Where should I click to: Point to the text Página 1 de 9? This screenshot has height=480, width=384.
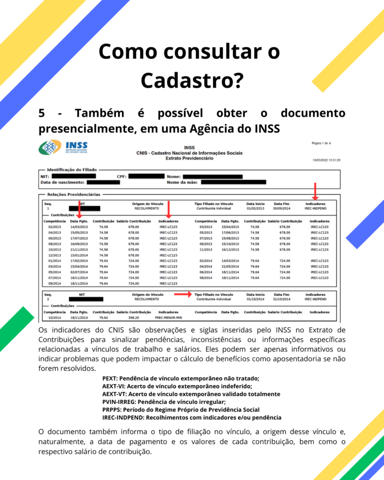click(x=321, y=143)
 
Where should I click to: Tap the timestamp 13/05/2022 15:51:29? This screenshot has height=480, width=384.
click(x=326, y=160)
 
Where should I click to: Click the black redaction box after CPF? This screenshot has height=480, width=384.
click(x=146, y=176)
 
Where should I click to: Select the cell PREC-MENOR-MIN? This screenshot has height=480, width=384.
click(x=168, y=317)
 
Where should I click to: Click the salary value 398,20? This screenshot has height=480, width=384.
click(x=134, y=317)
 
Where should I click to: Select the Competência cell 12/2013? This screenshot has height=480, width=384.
click(x=54, y=255)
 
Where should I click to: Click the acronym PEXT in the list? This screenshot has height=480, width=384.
click(x=110, y=378)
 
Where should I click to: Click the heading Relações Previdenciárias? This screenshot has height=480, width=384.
click(x=74, y=194)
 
